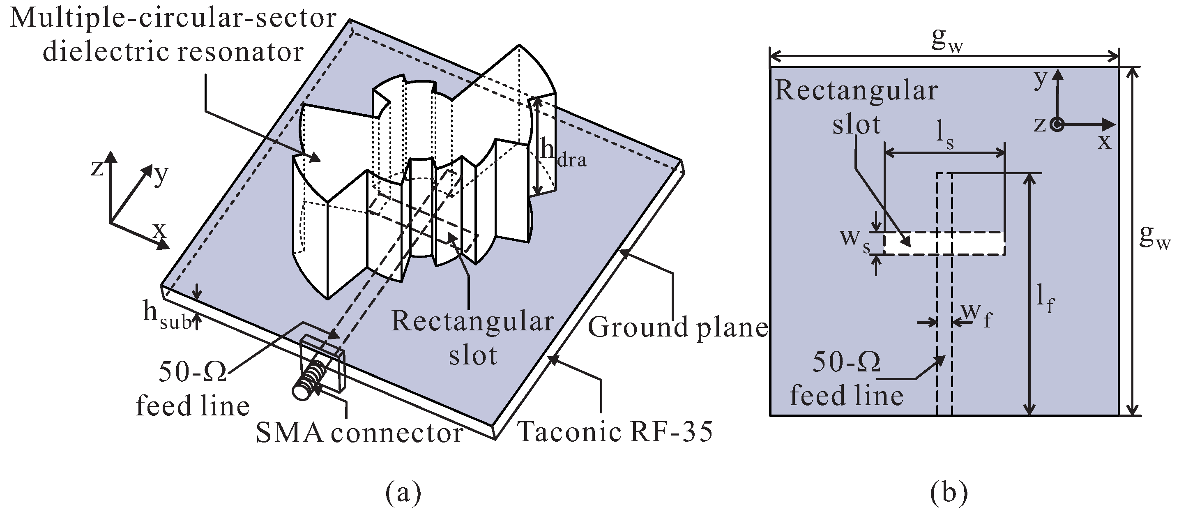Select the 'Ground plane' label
[x=677, y=328]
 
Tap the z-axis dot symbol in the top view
[x=1057, y=124]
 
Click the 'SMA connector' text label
[x=359, y=433]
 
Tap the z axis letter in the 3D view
[x=97, y=169]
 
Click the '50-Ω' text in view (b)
[x=847, y=362]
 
